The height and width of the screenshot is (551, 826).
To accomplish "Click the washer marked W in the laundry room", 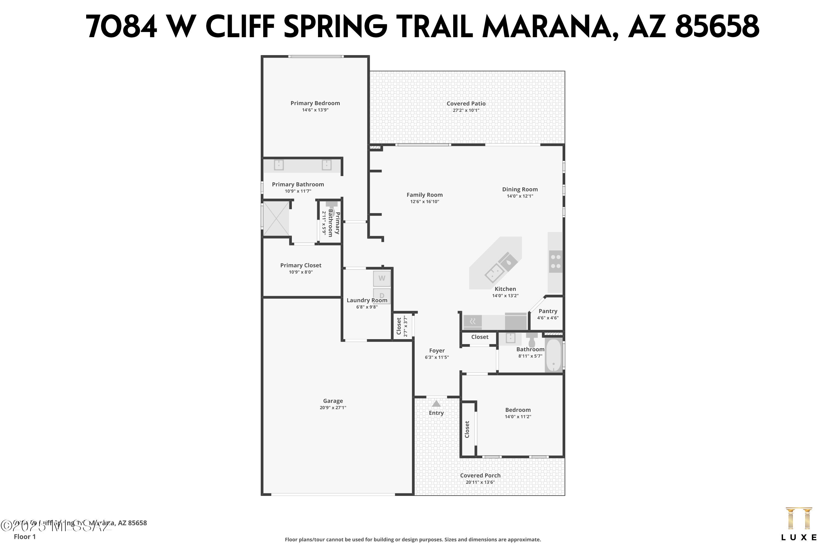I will coord(381,278).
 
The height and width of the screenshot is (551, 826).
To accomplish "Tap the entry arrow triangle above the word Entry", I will coord(436,404).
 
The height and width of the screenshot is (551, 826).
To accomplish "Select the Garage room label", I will coord(333,401).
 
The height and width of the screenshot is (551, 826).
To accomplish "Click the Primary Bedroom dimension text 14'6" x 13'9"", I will coord(315,110).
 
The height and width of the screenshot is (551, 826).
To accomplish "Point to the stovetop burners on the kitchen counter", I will coord(556,261).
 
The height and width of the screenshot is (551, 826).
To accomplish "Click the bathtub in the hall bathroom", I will coord(553,355).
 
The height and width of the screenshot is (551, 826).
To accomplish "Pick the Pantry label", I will coord(548,311).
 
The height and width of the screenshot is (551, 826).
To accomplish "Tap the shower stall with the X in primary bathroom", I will coord(276,218).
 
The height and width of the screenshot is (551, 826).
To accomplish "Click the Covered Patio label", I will coord(466,104).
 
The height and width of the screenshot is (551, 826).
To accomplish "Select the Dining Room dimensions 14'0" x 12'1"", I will coord(520,196).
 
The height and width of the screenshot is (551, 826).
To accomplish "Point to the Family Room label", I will coord(424,195).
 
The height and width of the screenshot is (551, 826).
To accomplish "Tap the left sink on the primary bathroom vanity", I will coord(279,165).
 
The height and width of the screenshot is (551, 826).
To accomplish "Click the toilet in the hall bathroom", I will coord(532,339).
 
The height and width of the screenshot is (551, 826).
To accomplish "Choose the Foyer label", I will coord(436,351).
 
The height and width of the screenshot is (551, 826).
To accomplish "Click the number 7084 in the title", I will coord(121,27).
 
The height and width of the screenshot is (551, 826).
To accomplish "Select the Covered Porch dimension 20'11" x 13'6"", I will coord(480,482).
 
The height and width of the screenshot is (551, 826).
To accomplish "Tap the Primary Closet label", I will coord(301,265).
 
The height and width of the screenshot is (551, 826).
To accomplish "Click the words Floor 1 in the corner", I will coord(25,537).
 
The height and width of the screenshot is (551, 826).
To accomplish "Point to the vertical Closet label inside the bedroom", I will coord(467,430).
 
